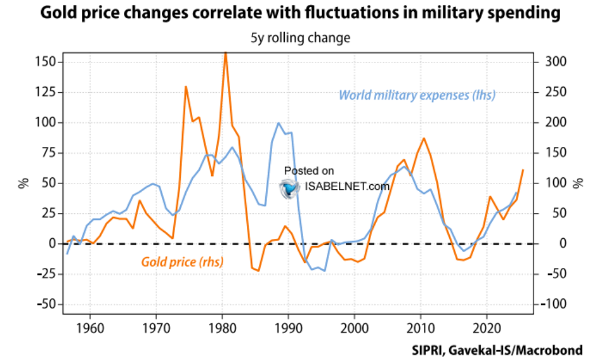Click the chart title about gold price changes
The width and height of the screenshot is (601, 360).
300,14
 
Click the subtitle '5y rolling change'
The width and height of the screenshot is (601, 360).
300,38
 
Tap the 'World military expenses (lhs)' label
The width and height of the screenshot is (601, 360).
417,95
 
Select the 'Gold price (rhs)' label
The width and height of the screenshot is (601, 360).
183,260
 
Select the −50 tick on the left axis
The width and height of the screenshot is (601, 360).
45,305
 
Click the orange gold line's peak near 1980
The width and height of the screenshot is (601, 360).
226,53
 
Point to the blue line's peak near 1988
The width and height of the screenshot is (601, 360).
278,123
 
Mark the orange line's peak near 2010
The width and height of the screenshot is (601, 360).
424,138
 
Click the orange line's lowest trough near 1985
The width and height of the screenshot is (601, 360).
258,270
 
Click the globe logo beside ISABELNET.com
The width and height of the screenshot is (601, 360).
290,187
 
